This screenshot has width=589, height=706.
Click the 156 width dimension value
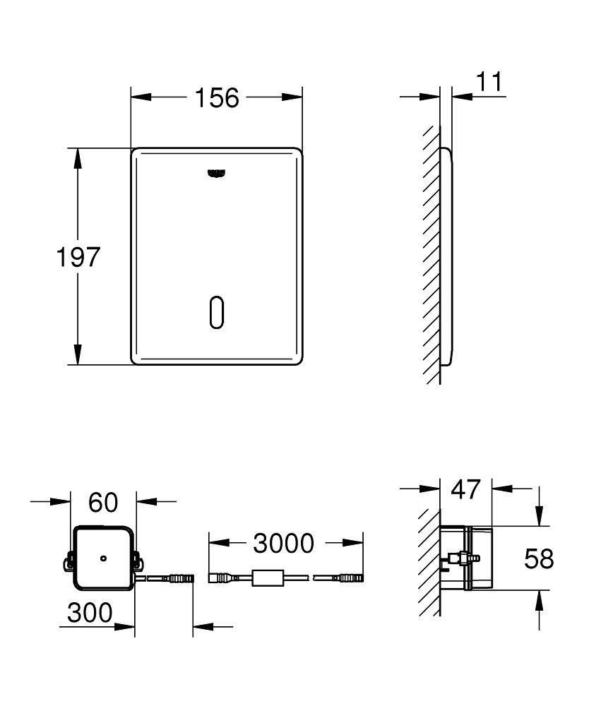point(217,97)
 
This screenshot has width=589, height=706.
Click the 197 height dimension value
point(78,257)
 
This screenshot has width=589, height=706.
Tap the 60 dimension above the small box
point(103,502)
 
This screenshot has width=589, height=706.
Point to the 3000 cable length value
point(283,543)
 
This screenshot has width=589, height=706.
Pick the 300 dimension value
point(90,613)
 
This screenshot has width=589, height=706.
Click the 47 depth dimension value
point(465,488)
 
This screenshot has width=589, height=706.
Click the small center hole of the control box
point(104,558)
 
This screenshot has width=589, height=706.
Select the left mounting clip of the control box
point(69,562)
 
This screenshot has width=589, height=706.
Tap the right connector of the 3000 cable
point(349,579)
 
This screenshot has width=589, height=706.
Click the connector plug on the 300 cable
point(178,579)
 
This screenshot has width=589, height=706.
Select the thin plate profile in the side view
point(446,257)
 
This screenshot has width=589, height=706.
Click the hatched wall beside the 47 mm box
point(429,558)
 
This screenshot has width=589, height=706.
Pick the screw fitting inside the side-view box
point(459,559)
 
